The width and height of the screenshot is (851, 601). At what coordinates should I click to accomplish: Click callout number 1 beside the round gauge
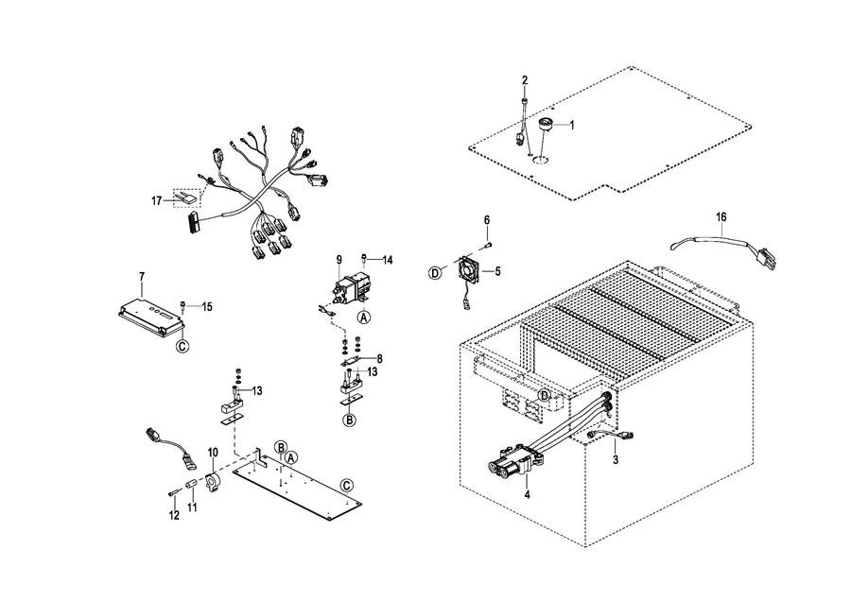pos(571,126)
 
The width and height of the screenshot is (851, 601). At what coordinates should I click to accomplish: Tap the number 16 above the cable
pos(721,217)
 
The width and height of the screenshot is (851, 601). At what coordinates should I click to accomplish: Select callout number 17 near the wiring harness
pos(156,201)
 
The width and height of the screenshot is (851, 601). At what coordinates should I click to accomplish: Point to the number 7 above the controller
pos(142,277)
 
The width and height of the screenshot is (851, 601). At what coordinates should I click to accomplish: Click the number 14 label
pos(387,261)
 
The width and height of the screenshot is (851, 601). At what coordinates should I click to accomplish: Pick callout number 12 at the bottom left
pos(174,515)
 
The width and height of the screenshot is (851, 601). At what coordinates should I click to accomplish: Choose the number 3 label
pos(615,460)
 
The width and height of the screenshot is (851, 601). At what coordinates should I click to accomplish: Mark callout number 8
pos(379,358)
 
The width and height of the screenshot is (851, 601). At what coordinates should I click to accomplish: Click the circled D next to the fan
pos(435,273)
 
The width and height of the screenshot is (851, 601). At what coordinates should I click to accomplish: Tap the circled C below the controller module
pos(182,346)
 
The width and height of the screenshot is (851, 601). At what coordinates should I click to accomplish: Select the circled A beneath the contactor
pos(364,317)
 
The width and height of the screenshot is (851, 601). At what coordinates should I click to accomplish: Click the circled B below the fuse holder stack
pos(350,420)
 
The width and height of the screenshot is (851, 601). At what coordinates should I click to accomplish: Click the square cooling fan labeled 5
pos(467,270)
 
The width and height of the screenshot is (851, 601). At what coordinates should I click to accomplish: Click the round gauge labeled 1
pos(545,126)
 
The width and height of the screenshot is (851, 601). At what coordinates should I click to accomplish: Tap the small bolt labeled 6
pos(488,245)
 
